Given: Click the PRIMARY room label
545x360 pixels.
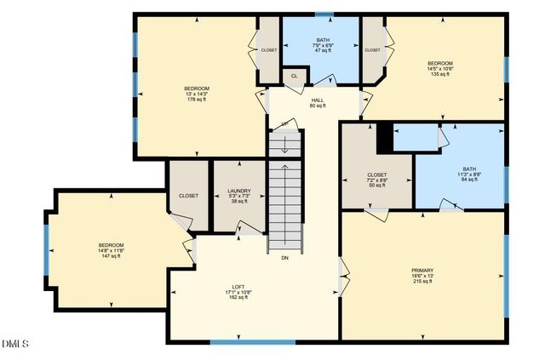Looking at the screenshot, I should click(422, 270).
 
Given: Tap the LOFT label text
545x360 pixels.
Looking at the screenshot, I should click(238, 286).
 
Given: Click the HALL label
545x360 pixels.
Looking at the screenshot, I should click(317, 100).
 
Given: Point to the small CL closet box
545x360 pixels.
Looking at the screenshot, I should click(294, 76).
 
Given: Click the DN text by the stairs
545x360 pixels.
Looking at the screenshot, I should click(285, 257).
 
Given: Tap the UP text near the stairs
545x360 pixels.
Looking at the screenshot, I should click(285, 125).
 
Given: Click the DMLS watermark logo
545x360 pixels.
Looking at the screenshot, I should click(16, 344).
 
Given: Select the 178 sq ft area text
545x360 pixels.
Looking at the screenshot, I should click(197, 100).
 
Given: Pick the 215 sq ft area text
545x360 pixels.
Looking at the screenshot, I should click(422, 282).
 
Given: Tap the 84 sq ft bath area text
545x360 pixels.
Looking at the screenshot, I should click(470, 180).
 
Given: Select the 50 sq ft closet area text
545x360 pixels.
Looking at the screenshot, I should click(376, 186).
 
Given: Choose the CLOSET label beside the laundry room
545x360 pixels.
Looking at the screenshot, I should click(188, 196).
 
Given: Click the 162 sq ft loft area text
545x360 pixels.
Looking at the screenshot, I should click(238, 298).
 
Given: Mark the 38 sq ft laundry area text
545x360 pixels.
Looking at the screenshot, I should click(238, 202).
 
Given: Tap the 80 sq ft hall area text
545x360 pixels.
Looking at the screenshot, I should click(317, 106).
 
